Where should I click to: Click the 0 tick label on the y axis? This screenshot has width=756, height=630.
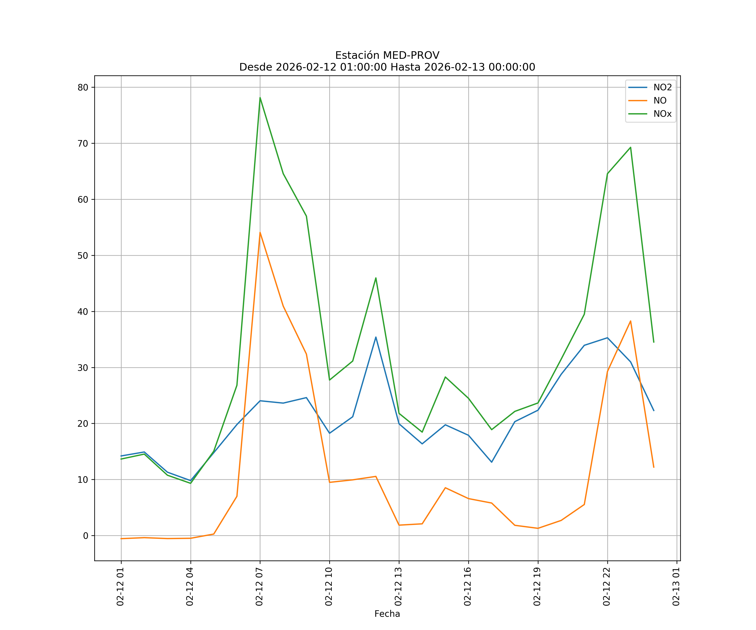(x=85, y=536)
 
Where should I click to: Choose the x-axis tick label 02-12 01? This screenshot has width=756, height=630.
(x=121, y=587)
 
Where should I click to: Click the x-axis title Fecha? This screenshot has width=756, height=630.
(x=387, y=614)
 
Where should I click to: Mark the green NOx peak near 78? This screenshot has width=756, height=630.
(x=260, y=98)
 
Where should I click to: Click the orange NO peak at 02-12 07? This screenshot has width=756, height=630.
(x=260, y=232)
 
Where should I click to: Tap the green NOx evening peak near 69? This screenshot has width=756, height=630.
(x=630, y=147)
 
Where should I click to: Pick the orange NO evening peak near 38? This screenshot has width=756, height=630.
(x=630, y=321)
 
